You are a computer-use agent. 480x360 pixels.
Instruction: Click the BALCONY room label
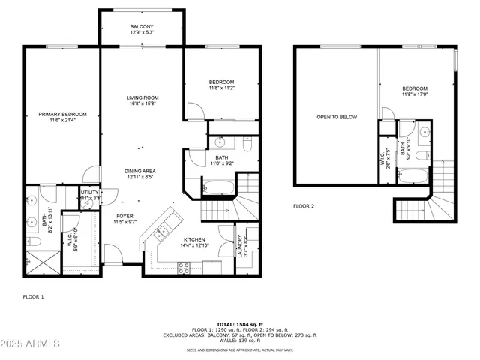tap(141, 26)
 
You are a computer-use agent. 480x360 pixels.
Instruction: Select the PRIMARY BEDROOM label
tap(63, 114)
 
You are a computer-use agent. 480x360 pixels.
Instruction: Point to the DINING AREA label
tap(139, 171)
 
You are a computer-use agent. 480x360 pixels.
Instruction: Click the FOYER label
tap(124, 216)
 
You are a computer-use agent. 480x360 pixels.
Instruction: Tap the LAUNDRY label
tap(240, 246)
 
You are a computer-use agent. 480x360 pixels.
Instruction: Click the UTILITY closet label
tap(90, 193)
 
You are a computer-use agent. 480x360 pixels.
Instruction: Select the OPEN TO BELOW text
tap(337, 117)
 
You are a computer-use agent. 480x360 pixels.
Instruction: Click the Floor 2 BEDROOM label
tap(415, 88)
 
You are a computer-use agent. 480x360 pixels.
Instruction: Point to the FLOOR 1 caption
tap(33, 296)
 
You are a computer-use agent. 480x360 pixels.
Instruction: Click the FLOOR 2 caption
tap(303, 205)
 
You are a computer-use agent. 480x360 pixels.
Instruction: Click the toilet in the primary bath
tap(34, 241)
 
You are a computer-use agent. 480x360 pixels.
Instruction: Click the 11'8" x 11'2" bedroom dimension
tap(221, 88)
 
